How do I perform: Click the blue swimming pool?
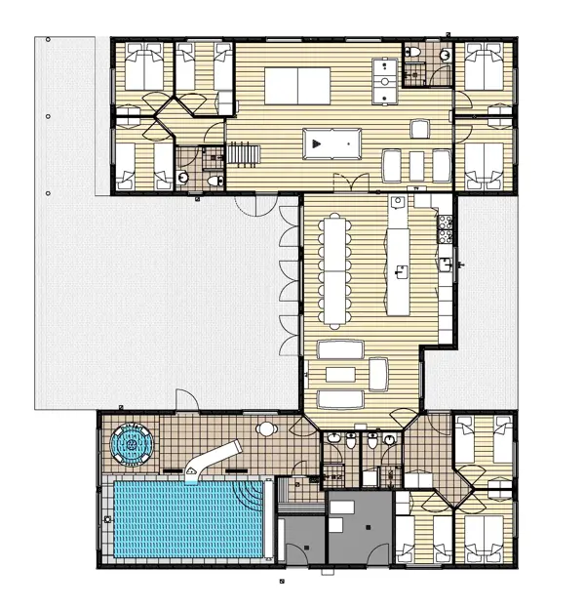pos(185,518)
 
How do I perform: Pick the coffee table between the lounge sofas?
pos(339,374)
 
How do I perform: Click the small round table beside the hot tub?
pos(266,429)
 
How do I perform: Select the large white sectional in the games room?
pos(296,85)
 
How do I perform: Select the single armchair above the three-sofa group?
pos(420,129)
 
